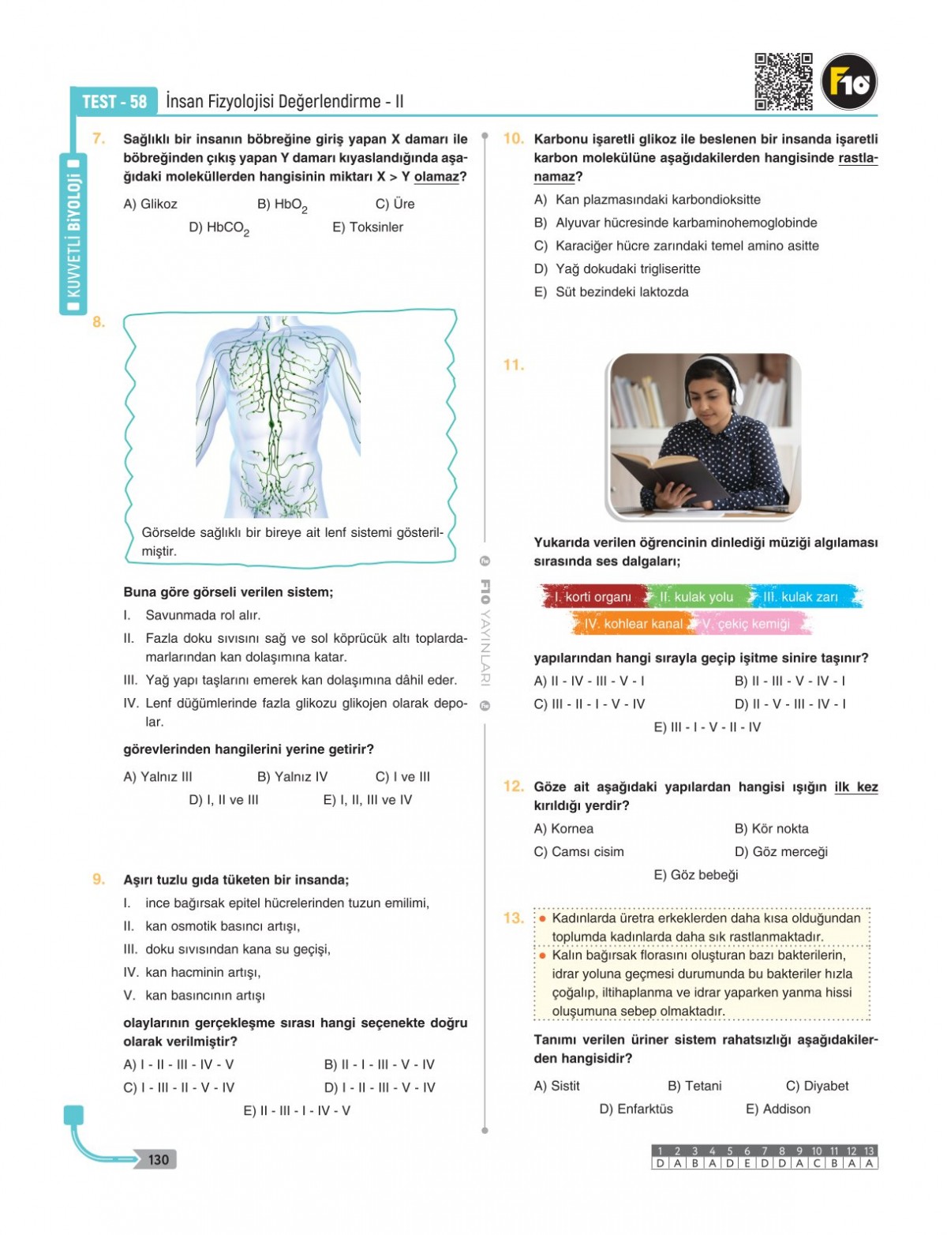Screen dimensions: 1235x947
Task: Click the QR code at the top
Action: pyautogui.click(x=783, y=81)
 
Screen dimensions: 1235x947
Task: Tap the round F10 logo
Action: pyautogui.click(x=849, y=81)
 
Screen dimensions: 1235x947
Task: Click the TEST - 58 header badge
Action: pyautogui.click(x=114, y=101)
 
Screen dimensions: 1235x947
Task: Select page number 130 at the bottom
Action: pyautogui.click(x=158, y=1159)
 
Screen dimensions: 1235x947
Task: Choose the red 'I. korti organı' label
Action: pyautogui.click(x=593, y=597)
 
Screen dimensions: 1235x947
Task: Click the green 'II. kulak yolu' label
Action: pyautogui.click(x=696, y=597)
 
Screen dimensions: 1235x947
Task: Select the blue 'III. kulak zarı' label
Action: pyautogui.click(x=800, y=597)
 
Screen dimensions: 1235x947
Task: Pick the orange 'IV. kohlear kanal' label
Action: pyautogui.click(x=633, y=624)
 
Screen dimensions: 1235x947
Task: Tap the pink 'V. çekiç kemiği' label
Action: pyautogui.click(x=745, y=624)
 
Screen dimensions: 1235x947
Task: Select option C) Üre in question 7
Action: pyautogui.click(x=395, y=204)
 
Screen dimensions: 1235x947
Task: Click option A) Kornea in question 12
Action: pyautogui.click(x=563, y=828)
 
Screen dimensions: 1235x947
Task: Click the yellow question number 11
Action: pyautogui.click(x=513, y=365)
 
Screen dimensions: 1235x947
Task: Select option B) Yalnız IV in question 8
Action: pyautogui.click(x=292, y=777)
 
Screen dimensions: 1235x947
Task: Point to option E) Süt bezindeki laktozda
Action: pyautogui.click(x=612, y=292)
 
